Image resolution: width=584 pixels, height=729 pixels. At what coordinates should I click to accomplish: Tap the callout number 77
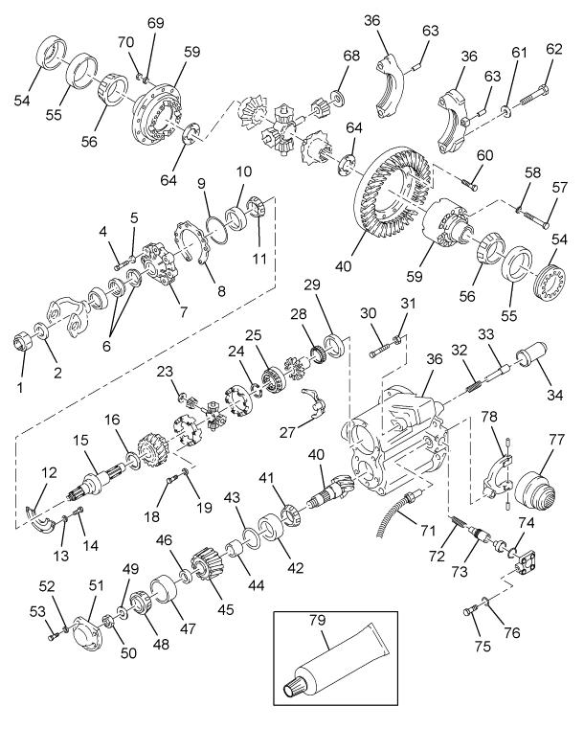(555, 439)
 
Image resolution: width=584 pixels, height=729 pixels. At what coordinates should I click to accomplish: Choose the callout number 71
(428, 530)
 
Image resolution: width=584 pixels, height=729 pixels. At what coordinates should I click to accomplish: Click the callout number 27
(287, 431)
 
